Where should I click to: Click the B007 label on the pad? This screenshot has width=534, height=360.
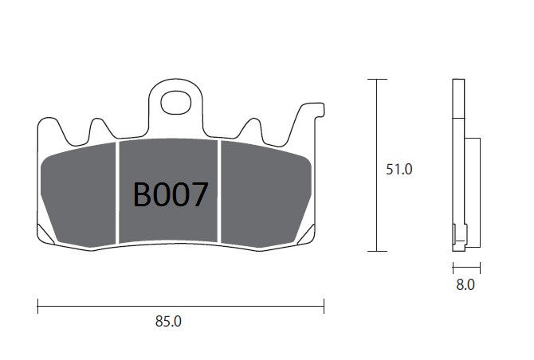coord(171,194)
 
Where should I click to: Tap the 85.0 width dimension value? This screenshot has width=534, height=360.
coord(168,321)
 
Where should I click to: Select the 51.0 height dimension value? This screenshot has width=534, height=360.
coord(399,169)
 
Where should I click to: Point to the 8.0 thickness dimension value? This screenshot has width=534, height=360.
coord(465,284)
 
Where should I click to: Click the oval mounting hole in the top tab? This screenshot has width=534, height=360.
coord(175,103)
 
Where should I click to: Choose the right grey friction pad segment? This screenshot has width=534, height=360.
coord(266,194)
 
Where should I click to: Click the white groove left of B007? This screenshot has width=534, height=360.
coord(117,192)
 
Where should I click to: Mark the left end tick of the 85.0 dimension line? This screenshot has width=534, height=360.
coord(37,306)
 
